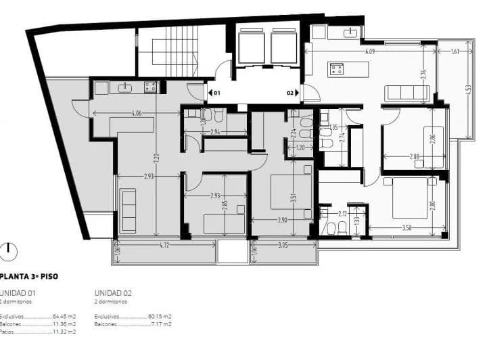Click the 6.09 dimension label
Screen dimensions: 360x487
tap(370, 51)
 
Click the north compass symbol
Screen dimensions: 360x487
tap(8, 252)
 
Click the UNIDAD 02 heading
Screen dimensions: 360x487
tap(113, 292)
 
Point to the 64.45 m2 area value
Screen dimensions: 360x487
tap(65, 316)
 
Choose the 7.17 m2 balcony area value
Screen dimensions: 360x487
tap(160, 324)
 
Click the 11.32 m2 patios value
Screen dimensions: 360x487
tap(65, 332)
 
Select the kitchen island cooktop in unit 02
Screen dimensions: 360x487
tap(337, 68)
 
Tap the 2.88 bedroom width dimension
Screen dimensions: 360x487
tap(414, 156)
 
